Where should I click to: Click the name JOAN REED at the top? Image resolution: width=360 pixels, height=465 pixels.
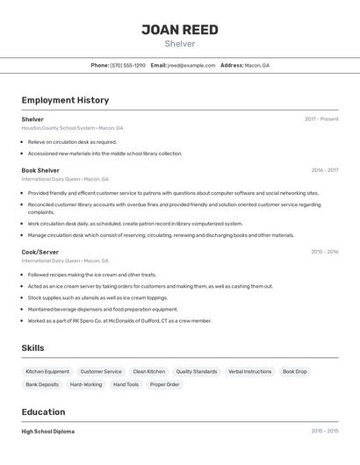tap(179, 30)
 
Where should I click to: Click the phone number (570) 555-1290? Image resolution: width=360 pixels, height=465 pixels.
tap(128, 65)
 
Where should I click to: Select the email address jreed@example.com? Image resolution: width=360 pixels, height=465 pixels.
tap(191, 65)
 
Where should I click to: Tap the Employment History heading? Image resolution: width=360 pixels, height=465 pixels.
tap(65, 100)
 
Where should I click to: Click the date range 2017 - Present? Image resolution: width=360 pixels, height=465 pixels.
tap(321, 119)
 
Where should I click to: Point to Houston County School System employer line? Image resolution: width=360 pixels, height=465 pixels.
tap(72, 128)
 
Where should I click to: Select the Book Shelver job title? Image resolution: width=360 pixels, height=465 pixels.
tap(40, 170)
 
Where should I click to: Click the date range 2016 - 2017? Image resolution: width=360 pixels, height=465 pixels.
tap(324, 170)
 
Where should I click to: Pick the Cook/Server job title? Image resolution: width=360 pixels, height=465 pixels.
tap(40, 252)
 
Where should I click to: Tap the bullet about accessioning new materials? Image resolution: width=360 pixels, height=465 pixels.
tap(104, 154)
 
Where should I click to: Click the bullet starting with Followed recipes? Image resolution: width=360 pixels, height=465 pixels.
tap(91, 275)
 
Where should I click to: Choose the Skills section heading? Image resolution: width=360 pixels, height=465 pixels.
tap(32, 348)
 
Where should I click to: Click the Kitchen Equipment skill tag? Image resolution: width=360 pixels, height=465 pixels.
tap(47, 371)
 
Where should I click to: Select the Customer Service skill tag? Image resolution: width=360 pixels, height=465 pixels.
tap(101, 371)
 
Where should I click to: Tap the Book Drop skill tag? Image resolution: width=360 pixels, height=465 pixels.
tap(295, 371)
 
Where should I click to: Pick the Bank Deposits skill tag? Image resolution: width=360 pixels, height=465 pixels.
tap(42, 384)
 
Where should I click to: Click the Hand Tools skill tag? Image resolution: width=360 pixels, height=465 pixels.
tap(126, 384)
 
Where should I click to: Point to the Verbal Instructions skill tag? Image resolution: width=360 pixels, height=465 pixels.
tap(249, 371)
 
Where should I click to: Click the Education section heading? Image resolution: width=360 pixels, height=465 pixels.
tap(43, 412)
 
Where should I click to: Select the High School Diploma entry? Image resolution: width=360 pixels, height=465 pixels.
tap(48, 432)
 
